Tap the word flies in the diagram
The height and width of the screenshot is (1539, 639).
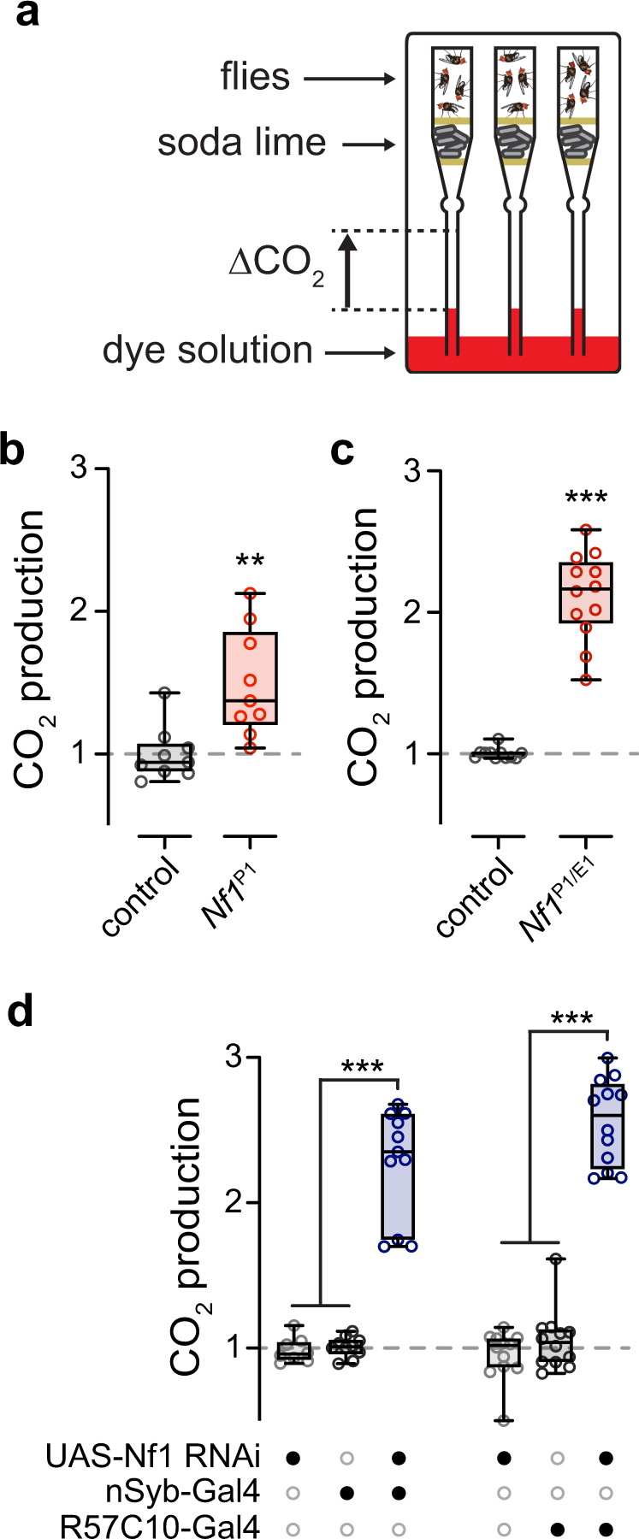tap(255, 78)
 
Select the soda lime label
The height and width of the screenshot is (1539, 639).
tap(241, 143)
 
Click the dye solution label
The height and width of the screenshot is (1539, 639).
tap(208, 351)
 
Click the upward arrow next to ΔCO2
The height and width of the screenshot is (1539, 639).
tap(347, 270)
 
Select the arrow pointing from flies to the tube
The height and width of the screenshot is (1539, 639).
tap(349, 80)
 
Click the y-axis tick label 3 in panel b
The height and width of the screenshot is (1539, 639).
tap(80, 469)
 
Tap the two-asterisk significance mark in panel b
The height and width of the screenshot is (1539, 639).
tap(250, 562)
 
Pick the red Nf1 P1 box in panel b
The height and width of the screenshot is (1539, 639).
tap(250, 678)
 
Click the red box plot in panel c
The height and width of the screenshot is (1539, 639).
tap(586, 592)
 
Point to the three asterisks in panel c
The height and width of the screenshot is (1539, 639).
tap(586, 498)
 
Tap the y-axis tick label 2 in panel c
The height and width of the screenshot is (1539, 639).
tap(412, 612)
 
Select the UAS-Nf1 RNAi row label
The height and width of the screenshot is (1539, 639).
tap(153, 1456)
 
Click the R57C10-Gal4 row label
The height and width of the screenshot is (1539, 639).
tap(159, 1526)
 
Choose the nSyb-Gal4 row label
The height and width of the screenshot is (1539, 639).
tap(182, 1492)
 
